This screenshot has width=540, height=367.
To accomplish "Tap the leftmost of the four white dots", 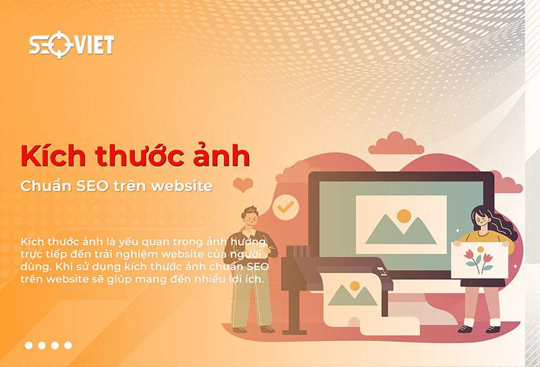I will pos(29,345).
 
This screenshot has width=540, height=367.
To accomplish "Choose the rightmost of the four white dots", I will pos(67,345).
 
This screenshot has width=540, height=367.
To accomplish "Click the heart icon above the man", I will pos(242,185).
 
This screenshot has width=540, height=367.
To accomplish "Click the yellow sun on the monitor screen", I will pos(404,216).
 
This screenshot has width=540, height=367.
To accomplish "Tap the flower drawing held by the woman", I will pos(479,260).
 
